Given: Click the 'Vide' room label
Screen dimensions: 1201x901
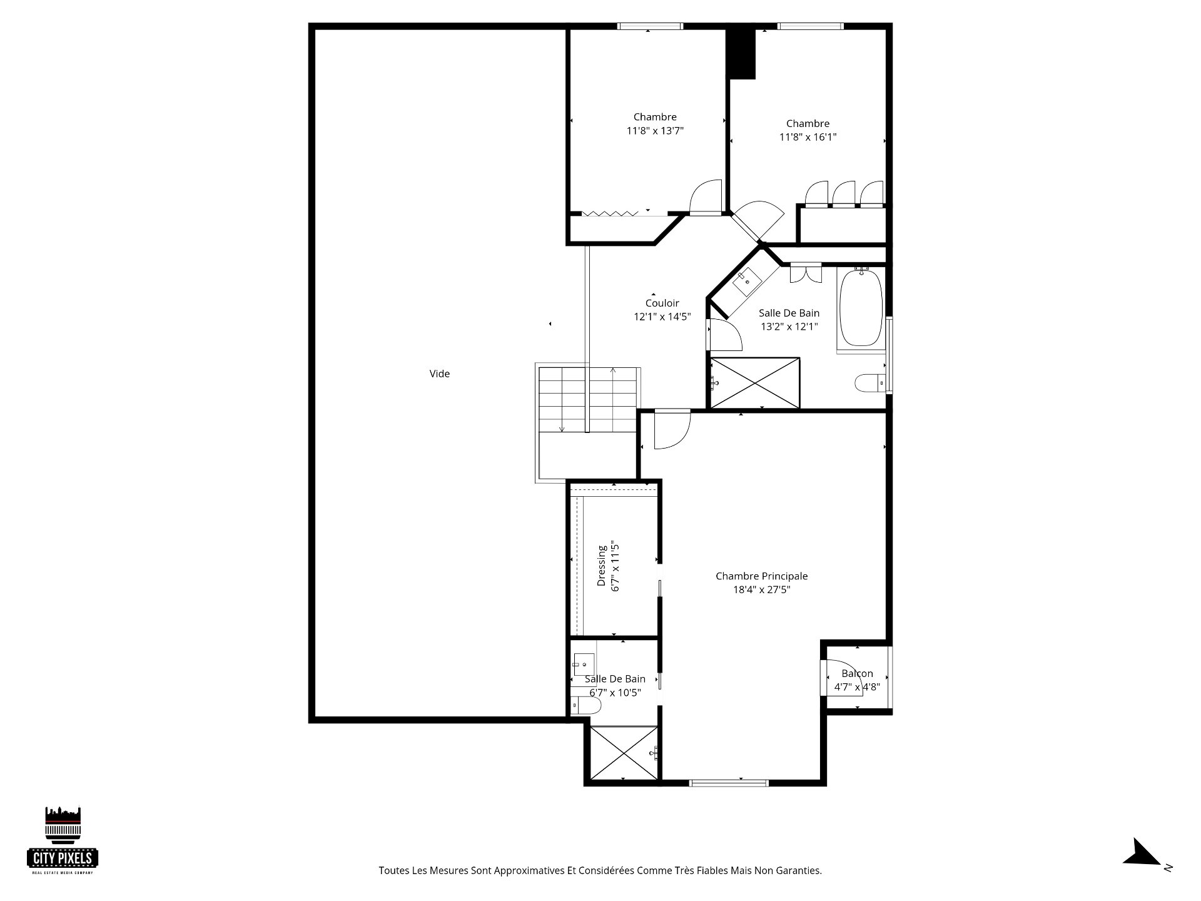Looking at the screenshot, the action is [x=440, y=374].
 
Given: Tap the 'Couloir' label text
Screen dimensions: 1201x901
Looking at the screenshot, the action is [x=662, y=303].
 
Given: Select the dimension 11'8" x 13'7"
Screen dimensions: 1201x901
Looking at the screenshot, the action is [x=655, y=131].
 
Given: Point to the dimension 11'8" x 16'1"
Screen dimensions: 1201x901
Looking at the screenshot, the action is [x=808, y=137].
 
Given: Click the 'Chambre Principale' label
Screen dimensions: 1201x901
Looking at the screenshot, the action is [x=762, y=576].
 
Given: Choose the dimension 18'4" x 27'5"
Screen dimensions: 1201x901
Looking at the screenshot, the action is [x=762, y=589].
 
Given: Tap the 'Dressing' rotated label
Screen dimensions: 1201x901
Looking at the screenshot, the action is [x=602, y=566].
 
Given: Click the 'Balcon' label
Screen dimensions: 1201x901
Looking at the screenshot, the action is [x=857, y=673].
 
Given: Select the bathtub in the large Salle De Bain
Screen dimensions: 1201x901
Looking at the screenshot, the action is [x=861, y=307].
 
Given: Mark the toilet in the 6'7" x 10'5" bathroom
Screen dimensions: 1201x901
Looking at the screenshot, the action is [x=585, y=706].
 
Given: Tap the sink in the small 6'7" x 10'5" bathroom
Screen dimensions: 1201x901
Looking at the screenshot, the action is [x=584, y=663].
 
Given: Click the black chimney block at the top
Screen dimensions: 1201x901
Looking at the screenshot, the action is [x=742, y=53].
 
